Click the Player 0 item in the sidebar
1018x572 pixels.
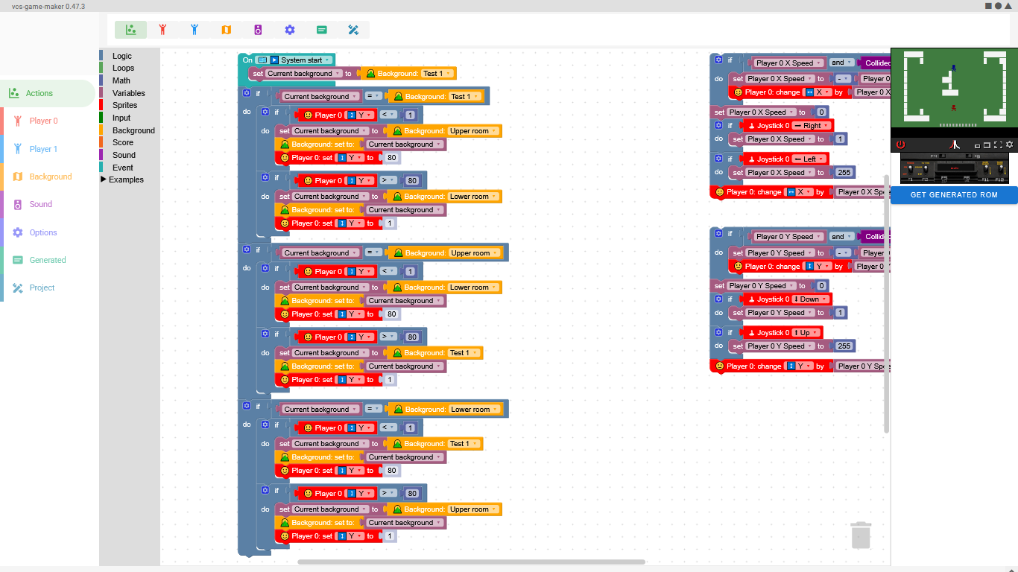(43, 121)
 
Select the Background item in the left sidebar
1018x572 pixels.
(50, 177)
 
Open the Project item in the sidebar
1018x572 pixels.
(42, 287)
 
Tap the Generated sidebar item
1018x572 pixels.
(48, 260)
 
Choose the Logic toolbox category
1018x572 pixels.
(121, 56)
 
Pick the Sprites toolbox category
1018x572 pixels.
(124, 105)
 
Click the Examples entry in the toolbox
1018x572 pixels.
(125, 179)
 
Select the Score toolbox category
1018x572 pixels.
(123, 142)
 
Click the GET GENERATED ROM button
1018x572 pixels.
(953, 195)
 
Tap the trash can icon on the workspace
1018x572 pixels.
(861, 536)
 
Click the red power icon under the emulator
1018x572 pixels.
(900, 144)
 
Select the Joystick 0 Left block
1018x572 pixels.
(787, 159)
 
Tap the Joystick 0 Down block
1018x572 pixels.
(787, 299)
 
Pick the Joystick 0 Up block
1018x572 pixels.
(784, 333)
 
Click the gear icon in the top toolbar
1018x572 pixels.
(290, 30)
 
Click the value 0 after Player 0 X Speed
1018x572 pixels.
(821, 112)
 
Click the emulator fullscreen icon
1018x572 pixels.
(998, 144)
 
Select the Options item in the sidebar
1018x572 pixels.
(43, 232)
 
